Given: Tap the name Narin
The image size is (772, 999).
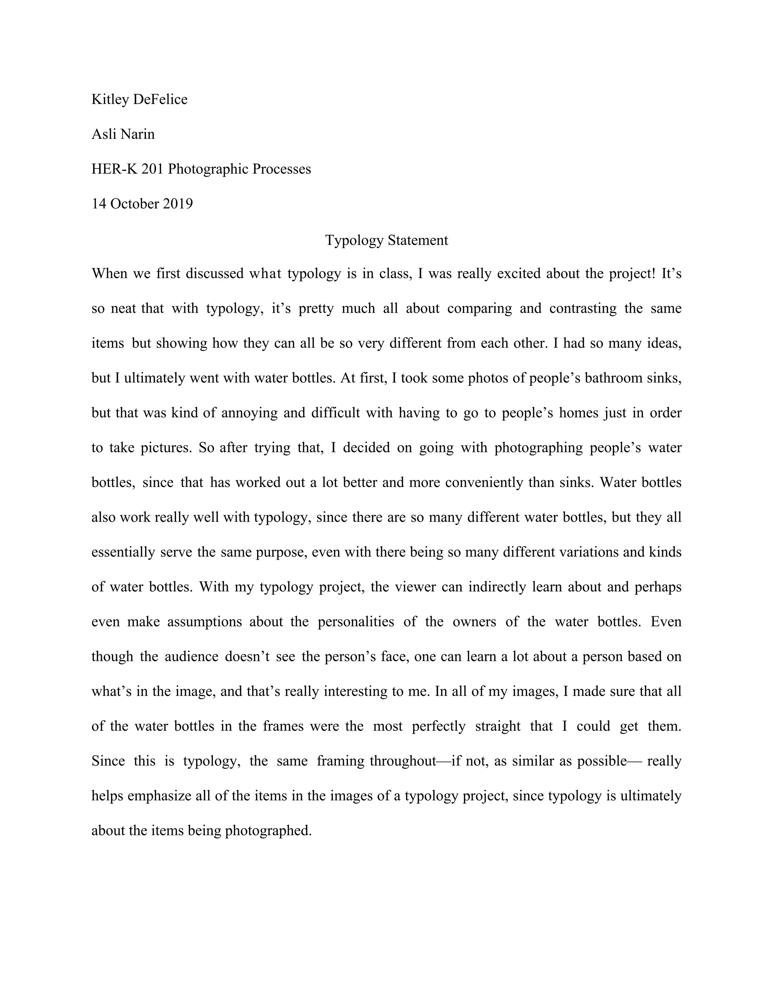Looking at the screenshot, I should pyautogui.click(x=138, y=134).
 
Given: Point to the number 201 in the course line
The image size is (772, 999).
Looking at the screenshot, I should pyautogui.click(x=152, y=169).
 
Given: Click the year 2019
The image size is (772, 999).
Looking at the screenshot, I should pyautogui.click(x=178, y=204).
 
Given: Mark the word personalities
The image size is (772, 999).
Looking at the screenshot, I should pyautogui.click(x=356, y=622).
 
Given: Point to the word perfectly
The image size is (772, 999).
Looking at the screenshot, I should pyautogui.click(x=439, y=726).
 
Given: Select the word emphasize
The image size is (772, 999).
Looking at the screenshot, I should pyautogui.click(x=159, y=796).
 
